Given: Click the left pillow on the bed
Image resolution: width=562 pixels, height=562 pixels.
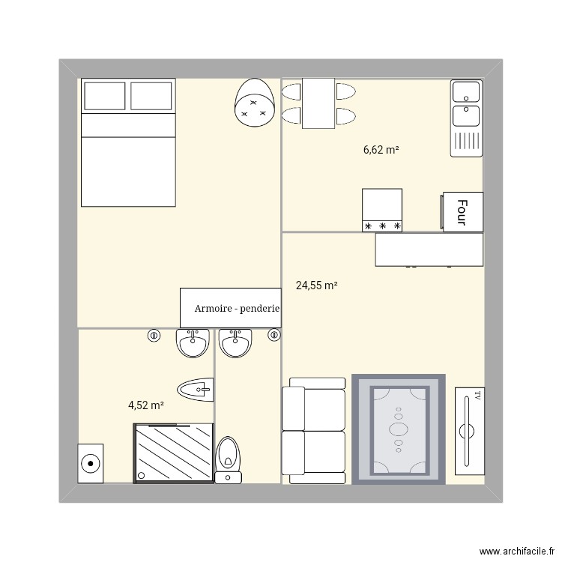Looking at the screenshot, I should pyautogui.click(x=105, y=96).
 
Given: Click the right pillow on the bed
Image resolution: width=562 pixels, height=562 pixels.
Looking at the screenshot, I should pyautogui.click(x=151, y=96).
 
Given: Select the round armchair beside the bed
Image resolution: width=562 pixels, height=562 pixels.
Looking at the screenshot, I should pyautogui.click(x=254, y=104).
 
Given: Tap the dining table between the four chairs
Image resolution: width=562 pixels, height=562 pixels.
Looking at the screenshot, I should pyautogui.click(x=318, y=103).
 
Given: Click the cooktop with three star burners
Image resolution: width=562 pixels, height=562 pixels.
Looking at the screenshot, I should pyautogui.click(x=382, y=210).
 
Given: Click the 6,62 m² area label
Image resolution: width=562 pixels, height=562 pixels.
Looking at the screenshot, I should pyautogui.click(x=381, y=150).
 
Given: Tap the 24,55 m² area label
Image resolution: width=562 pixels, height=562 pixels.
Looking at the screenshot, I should pyautogui.click(x=316, y=285).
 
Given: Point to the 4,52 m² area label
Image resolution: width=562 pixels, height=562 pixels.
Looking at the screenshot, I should pyautogui.click(x=146, y=405).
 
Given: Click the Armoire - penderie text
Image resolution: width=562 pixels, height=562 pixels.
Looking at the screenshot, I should pyautogui.click(x=237, y=308).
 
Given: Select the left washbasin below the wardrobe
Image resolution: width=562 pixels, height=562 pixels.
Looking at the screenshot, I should pyautogui.click(x=193, y=345).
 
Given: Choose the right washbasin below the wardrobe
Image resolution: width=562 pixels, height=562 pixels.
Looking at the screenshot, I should pyautogui.click(x=237, y=345).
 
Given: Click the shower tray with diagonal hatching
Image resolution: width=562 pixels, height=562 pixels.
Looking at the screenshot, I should pyautogui.click(x=173, y=453).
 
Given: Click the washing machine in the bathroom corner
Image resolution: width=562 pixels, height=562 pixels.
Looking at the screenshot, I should pyautogui.click(x=91, y=463).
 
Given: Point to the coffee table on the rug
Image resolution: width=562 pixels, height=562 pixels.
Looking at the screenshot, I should pyautogui.click(x=399, y=429).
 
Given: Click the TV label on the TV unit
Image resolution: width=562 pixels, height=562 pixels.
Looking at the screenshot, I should pyautogui.click(x=474, y=395).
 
